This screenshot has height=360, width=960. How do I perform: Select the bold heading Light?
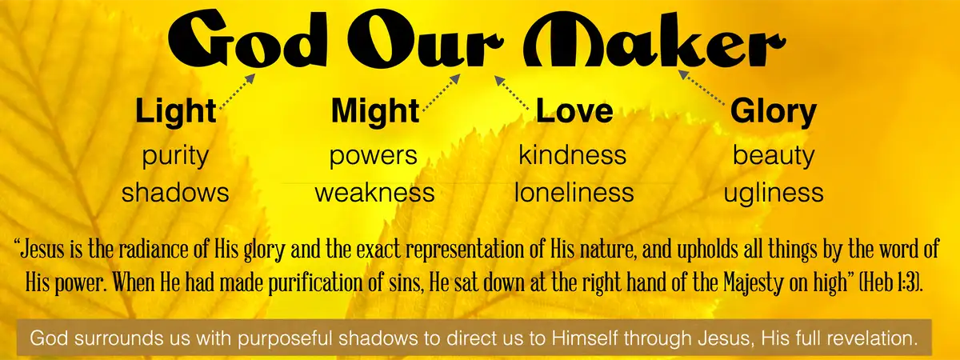tap(176, 111)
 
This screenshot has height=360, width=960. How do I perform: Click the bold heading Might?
tap(375, 111)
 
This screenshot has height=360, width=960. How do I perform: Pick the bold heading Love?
tap(574, 110)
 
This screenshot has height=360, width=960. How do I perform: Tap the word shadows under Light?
tap(175, 193)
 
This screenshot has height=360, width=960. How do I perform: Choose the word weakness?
tap(375, 194)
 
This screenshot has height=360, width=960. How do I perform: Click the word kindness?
tap(573, 154)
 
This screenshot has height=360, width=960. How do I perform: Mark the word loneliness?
tap(574, 193)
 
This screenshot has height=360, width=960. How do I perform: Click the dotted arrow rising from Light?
tap(238, 92)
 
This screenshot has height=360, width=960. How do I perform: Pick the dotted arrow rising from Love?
tap(512, 93)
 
